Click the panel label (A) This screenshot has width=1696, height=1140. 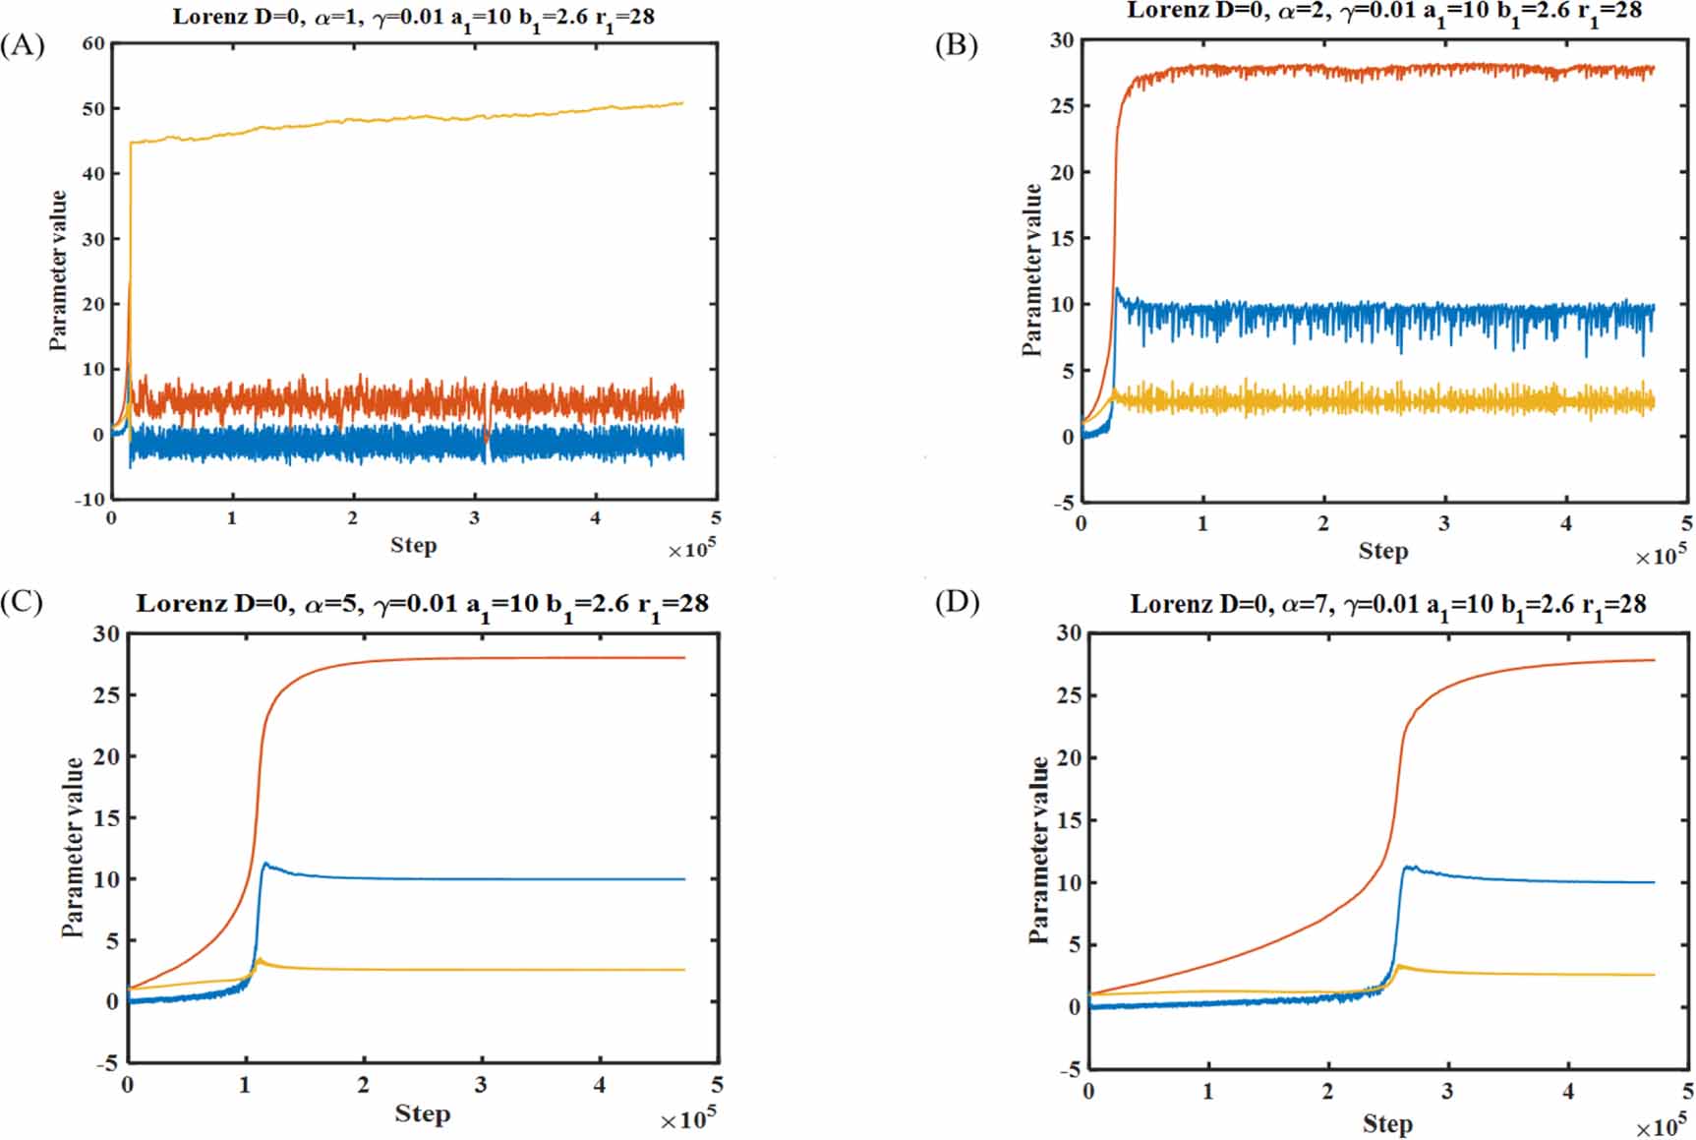click(x=23, y=46)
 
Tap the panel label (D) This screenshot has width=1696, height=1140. click(x=957, y=602)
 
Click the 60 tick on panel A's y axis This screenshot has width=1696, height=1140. click(x=93, y=44)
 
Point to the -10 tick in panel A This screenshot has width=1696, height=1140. click(x=89, y=500)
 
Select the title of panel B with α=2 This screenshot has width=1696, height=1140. click(x=1384, y=12)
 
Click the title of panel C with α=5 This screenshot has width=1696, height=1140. click(x=422, y=604)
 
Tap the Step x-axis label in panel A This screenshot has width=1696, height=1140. click(x=413, y=545)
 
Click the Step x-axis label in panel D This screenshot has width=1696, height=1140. click(x=1386, y=1122)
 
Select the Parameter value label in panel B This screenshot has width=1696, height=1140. click(x=1031, y=270)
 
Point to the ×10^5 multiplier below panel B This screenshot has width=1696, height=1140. click(x=1661, y=556)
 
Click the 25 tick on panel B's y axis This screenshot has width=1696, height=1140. click(x=1062, y=106)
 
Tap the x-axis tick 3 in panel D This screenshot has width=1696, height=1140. click(x=1447, y=1091)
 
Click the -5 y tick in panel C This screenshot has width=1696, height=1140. click(x=106, y=1063)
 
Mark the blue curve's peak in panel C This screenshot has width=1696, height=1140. click(x=264, y=864)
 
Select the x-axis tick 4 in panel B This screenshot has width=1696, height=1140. click(x=1566, y=524)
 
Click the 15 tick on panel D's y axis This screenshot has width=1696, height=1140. click(x=1068, y=820)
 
